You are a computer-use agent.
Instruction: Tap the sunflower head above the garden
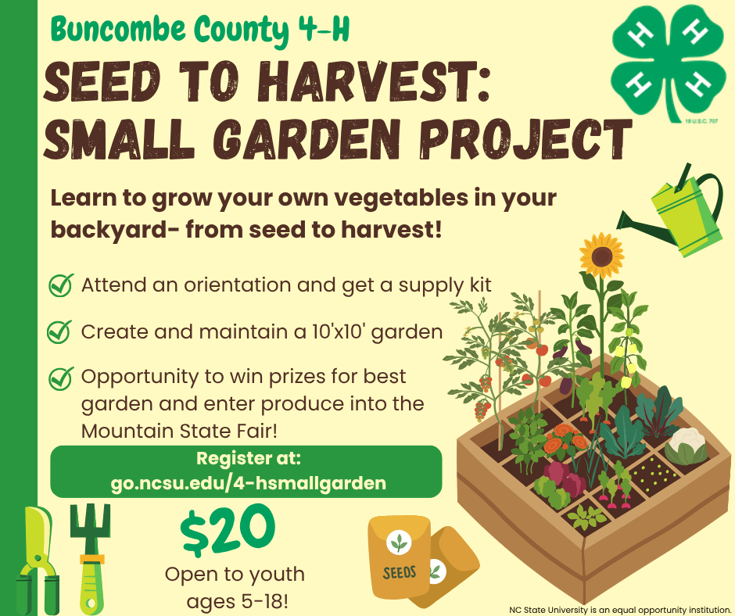tap(601, 256)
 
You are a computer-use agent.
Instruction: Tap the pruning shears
tap(38, 560)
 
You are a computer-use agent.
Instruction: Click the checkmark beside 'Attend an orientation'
tap(61, 285)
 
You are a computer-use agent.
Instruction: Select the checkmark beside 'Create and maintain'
tap(59, 332)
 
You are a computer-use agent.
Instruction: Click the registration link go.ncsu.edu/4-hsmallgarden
tap(249, 483)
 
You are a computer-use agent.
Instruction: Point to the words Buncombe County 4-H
tap(200, 29)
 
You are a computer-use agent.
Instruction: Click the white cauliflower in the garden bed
tap(686, 446)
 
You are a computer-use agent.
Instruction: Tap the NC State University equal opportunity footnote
tap(620, 610)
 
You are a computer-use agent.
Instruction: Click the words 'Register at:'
tap(249, 458)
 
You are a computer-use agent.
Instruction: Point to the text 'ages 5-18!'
tap(237, 601)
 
